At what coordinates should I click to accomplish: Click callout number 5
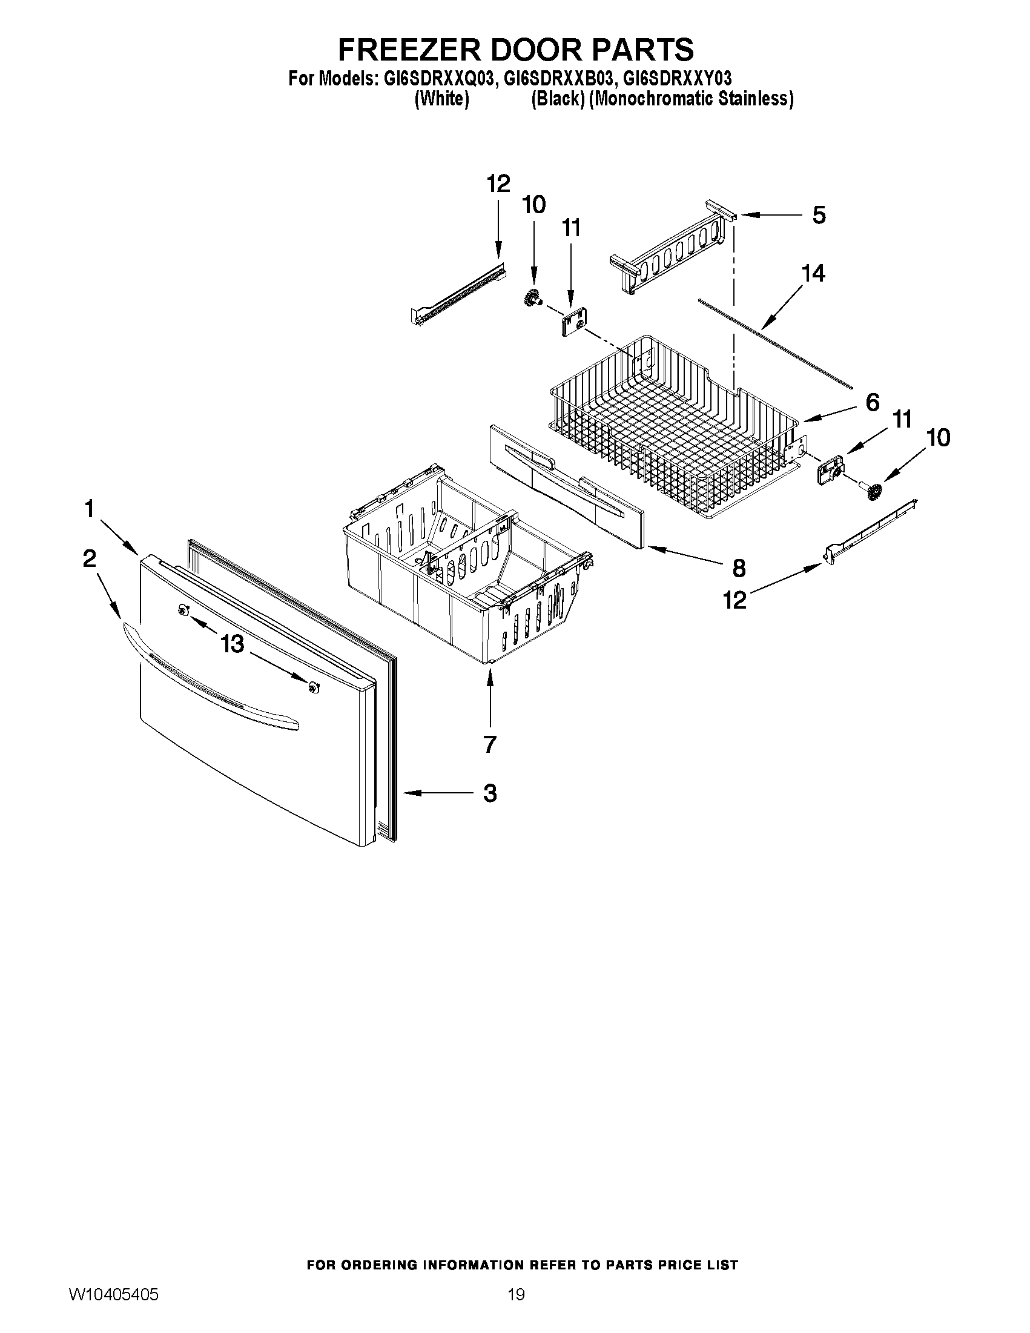(819, 215)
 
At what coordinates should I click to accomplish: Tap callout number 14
(813, 273)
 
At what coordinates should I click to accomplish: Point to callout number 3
(489, 793)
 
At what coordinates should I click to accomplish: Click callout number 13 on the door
(232, 643)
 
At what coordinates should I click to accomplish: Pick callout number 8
(738, 568)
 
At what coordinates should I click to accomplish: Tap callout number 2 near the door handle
(90, 558)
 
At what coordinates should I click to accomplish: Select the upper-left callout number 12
(498, 183)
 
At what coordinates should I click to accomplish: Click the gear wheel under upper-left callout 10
(533, 299)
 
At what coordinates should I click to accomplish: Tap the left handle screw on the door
(182, 611)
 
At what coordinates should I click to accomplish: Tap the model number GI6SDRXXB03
(557, 79)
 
